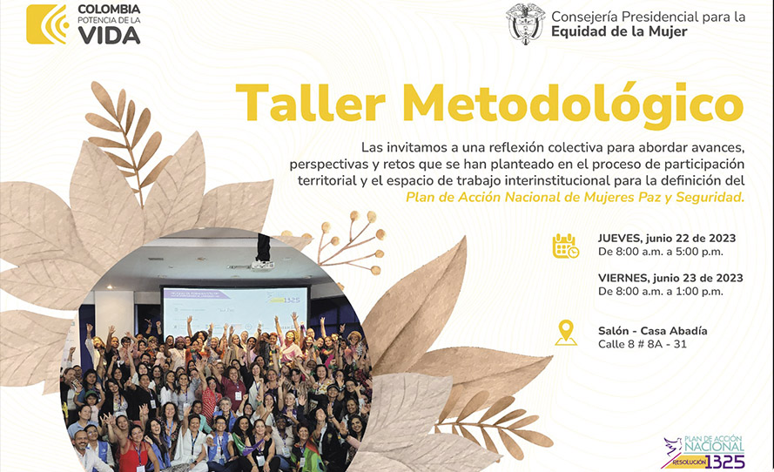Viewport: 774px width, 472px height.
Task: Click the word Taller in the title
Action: [x=311, y=104]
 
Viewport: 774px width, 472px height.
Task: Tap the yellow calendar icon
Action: [x=566, y=246]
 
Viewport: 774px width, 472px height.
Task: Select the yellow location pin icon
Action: [x=566, y=333]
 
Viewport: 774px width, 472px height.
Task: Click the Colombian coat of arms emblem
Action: [x=525, y=24]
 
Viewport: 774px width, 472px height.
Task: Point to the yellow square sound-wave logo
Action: [x=47, y=24]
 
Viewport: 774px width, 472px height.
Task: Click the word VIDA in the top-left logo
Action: [x=109, y=36]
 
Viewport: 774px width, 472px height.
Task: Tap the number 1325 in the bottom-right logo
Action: [x=725, y=462]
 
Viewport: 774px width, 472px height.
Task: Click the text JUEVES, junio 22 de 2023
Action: [x=667, y=239]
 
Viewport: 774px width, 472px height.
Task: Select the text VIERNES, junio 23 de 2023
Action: [x=670, y=279]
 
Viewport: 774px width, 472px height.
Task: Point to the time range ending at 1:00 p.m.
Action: [x=661, y=292]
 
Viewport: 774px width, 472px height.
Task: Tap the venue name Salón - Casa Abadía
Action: [x=653, y=331]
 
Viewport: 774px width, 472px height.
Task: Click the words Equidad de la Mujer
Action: [x=619, y=31]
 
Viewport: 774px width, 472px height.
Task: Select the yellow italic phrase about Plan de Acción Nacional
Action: [x=575, y=198]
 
